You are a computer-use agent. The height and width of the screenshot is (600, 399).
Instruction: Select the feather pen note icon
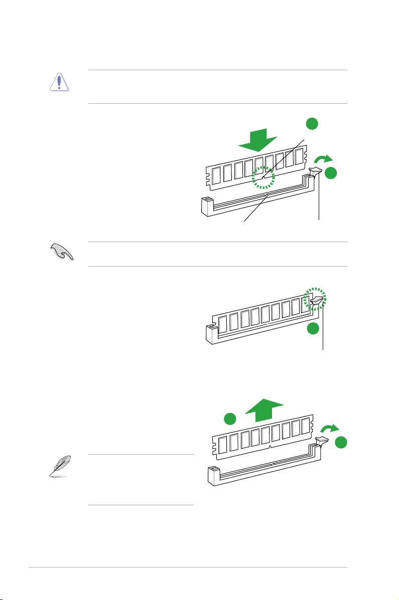coord(62,466)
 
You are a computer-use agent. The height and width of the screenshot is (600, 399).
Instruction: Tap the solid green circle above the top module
coord(312,123)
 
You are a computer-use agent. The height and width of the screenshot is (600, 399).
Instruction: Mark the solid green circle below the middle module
coord(313,329)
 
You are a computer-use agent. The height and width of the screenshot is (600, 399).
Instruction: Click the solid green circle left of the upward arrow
coord(230,418)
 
